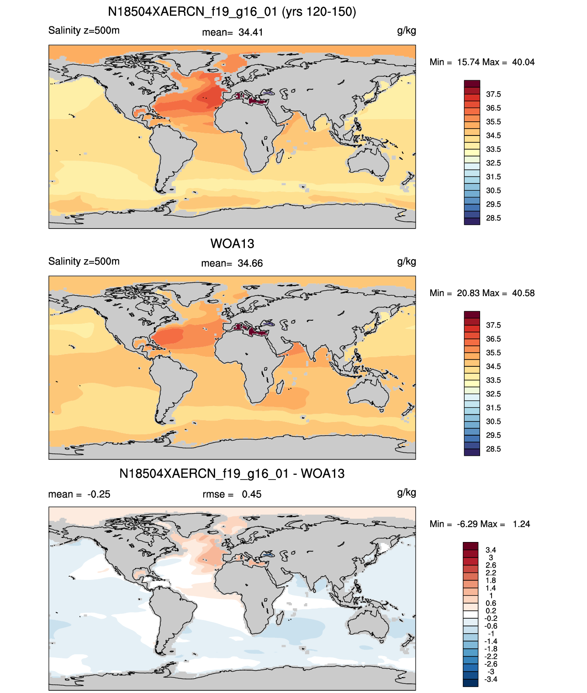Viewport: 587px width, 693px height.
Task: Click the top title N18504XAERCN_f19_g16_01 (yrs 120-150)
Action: click(232, 12)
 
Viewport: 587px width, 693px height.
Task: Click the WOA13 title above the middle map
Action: click(232, 244)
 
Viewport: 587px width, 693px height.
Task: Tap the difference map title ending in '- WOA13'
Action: click(232, 474)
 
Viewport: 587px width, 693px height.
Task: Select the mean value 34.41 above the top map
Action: click(250, 32)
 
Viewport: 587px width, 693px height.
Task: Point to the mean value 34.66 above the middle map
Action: click(250, 264)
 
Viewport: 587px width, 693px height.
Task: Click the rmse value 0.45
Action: click(251, 495)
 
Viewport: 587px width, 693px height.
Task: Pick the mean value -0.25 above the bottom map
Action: click(99, 495)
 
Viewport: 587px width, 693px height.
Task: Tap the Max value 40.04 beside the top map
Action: click(523, 63)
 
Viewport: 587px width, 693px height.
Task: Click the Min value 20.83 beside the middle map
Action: click(468, 293)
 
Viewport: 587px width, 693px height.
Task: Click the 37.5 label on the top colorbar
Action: click(493, 94)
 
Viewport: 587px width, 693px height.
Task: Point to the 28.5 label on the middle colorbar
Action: click(493, 449)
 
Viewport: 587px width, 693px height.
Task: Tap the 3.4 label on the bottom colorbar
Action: click(491, 550)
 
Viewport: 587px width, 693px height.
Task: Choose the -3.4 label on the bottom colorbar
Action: click(491, 680)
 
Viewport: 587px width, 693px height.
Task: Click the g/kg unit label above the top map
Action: click(407, 31)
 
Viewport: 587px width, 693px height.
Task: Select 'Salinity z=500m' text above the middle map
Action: click(84, 261)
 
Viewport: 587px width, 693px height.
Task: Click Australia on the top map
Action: click(368, 161)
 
